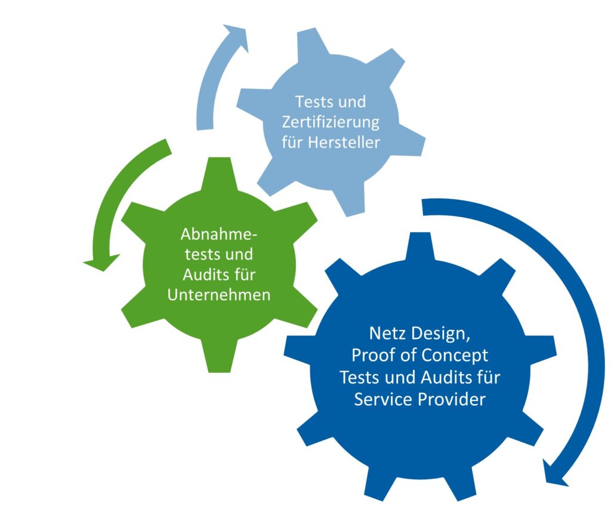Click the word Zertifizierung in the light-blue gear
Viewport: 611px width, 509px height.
point(330,122)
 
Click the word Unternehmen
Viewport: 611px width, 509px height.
point(218,295)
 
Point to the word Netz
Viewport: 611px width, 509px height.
point(386,334)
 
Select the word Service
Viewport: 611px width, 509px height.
point(382,399)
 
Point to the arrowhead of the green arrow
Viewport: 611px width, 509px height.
point(100,262)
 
